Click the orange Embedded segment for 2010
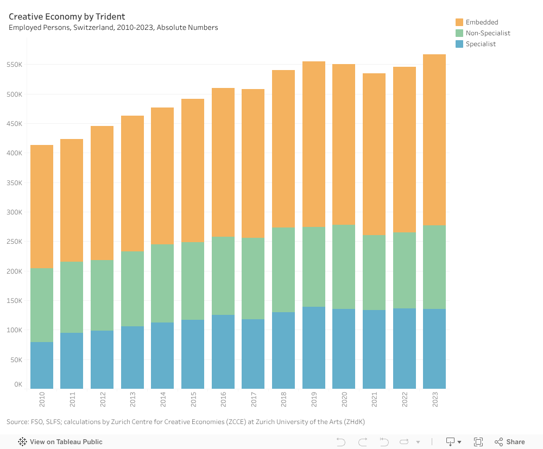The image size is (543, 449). (x=42, y=206)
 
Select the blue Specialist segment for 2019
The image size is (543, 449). (x=314, y=347)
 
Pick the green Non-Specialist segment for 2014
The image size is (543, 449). (x=162, y=283)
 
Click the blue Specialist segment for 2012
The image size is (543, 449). (x=102, y=359)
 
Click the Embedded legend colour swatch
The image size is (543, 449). (x=459, y=22)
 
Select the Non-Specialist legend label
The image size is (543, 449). (x=488, y=33)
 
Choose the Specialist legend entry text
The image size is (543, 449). (x=481, y=44)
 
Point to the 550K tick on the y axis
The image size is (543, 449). (x=14, y=65)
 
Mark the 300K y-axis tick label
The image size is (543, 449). (x=14, y=212)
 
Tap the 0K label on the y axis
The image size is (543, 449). (x=18, y=384)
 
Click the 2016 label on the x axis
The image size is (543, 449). (x=223, y=400)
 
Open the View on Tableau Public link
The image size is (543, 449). (x=66, y=442)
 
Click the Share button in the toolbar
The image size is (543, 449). (x=510, y=442)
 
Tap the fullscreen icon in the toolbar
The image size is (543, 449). (x=478, y=442)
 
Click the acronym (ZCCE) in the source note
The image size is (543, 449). (x=224, y=422)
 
